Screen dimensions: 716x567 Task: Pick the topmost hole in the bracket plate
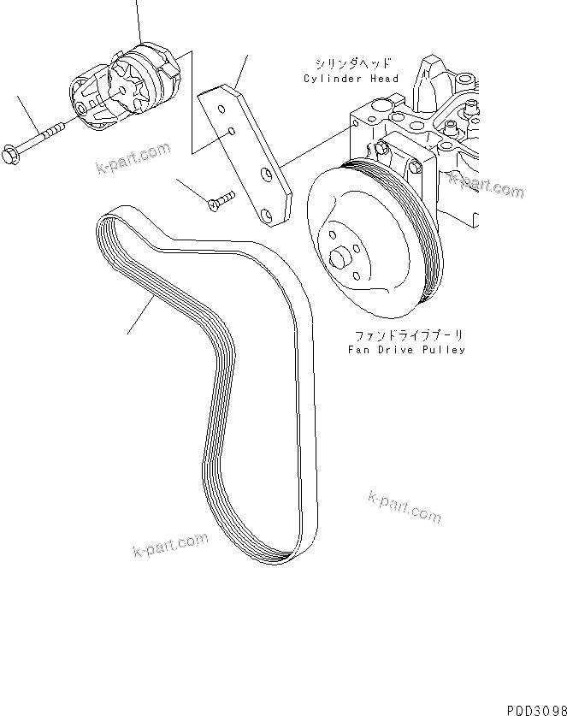point(221,106)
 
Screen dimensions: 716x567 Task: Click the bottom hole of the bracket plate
point(272,214)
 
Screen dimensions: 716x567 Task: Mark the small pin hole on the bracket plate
point(232,133)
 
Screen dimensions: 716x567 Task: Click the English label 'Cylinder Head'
point(351,79)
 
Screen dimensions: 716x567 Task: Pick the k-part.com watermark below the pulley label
point(404,506)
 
